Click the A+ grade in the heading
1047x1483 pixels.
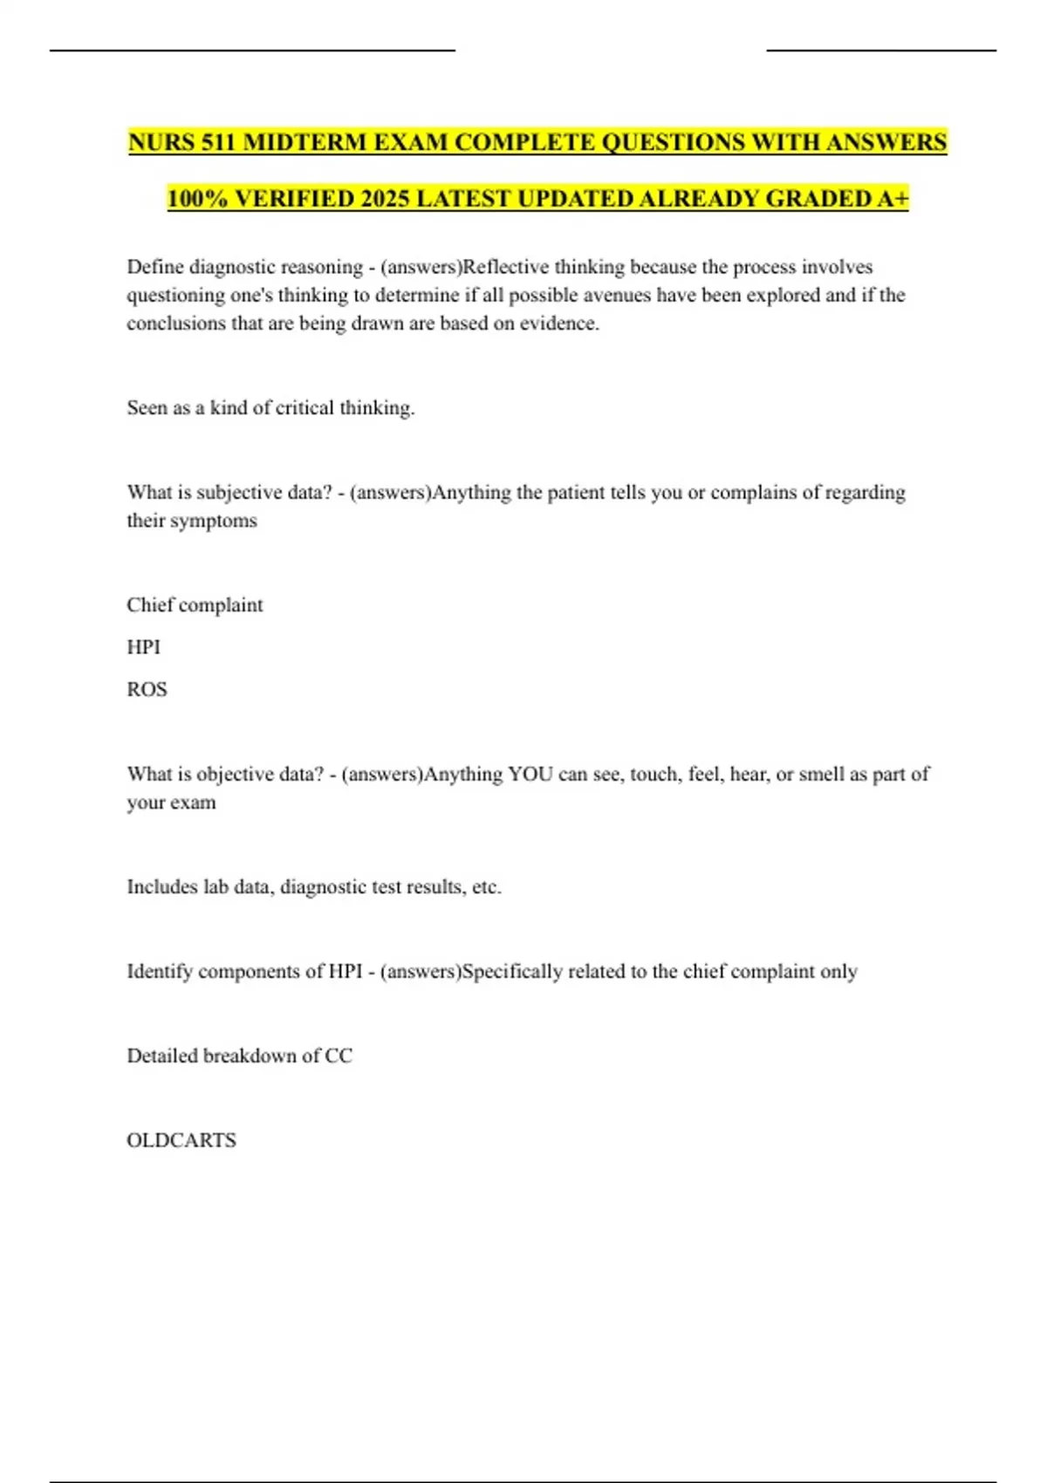893,199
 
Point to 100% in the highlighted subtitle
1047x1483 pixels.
197,199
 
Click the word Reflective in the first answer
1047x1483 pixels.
506,267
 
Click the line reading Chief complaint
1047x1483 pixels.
195,605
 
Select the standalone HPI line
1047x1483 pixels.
143,647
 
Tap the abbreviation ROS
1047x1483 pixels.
147,689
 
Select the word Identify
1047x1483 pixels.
160,972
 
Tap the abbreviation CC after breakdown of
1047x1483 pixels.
339,1056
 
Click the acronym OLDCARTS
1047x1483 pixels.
181,1141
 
